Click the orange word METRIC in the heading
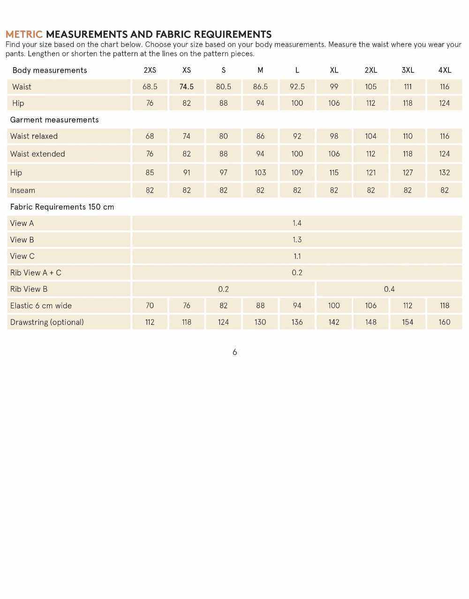coord(24,34)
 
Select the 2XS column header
coord(150,70)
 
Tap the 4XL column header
coord(445,70)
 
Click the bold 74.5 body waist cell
coord(187,86)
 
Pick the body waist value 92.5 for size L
coord(297,86)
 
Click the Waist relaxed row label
coord(34,136)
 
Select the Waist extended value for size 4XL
coord(445,154)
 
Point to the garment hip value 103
coord(260,172)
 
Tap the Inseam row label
coord(23,190)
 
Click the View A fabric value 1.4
coord(297,223)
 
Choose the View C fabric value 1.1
coord(297,256)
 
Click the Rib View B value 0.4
coord(389,289)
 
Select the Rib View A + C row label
coord(36,272)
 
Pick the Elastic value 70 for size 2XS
coord(150,305)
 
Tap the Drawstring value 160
coord(445,322)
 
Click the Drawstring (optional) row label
coord(47,322)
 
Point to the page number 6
coord(234,352)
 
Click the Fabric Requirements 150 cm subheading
coord(62,207)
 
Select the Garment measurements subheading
coord(54,120)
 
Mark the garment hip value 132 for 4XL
coord(445,172)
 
